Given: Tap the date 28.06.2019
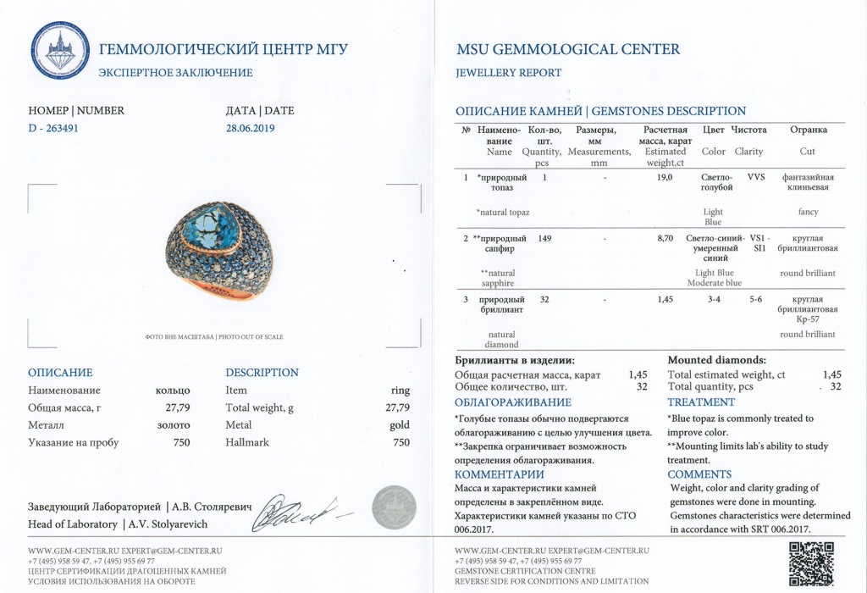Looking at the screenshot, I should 251,129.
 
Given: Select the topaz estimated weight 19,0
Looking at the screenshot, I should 665,178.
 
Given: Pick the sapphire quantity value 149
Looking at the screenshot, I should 544,239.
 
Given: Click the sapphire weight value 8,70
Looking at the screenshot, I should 665,239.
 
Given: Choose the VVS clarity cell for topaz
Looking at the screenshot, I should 756,178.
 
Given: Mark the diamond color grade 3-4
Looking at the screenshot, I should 715,300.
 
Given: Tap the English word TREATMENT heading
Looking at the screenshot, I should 701,402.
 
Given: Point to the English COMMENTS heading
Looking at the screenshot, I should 699,474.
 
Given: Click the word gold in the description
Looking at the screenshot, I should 400,424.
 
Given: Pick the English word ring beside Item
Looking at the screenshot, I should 400,391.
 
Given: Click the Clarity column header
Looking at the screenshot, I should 748,152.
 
